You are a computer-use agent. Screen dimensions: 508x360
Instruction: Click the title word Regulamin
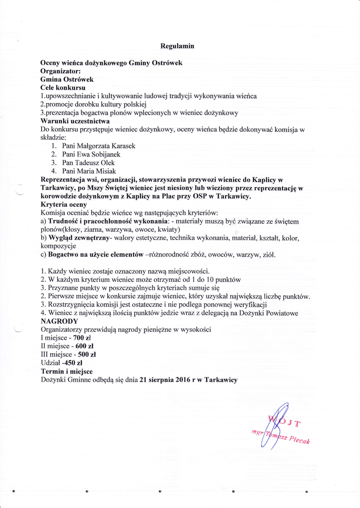click(x=177, y=46)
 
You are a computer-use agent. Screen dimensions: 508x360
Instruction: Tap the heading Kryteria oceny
click(x=64, y=204)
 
